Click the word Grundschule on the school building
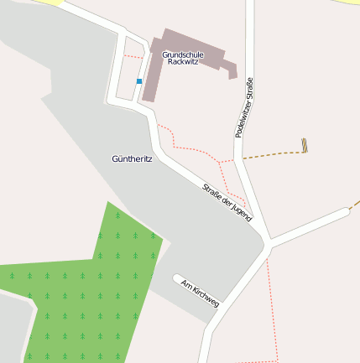point(182,54)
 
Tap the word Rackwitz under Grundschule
point(182,63)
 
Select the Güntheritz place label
point(132,158)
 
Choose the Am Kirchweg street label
point(200,293)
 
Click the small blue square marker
point(139,81)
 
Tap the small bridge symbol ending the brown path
point(305,145)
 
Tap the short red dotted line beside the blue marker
point(131,56)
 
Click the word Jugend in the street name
point(241,211)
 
